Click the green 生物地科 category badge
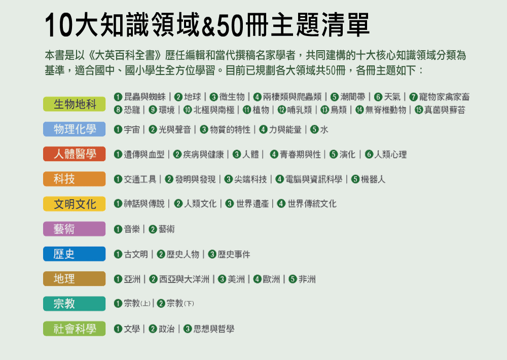point(75,104)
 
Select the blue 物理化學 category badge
point(75,129)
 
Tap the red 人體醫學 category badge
point(75,154)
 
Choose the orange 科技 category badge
point(75,179)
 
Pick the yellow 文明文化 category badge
point(75,204)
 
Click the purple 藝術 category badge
point(75,229)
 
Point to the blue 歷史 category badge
point(75,254)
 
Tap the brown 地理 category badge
point(75,278)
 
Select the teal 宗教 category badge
point(75,303)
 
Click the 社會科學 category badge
point(75,329)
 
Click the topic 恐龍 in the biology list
point(132,110)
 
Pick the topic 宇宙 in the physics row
point(132,130)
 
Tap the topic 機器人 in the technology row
point(373,179)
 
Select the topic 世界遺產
point(252,204)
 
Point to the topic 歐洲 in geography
point(271,279)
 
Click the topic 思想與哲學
point(214,329)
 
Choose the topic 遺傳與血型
point(144,155)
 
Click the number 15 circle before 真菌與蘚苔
point(419,110)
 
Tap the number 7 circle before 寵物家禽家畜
point(413,97)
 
